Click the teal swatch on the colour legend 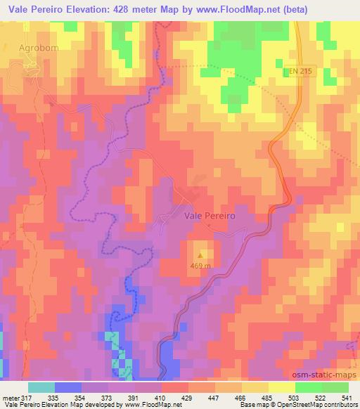pos(41,387)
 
